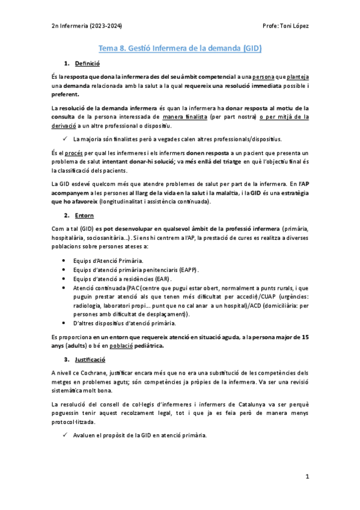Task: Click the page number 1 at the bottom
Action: tap(307, 476)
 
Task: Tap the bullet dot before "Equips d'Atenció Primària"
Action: tap(64, 260)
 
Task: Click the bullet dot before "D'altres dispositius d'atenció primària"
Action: tap(64, 324)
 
